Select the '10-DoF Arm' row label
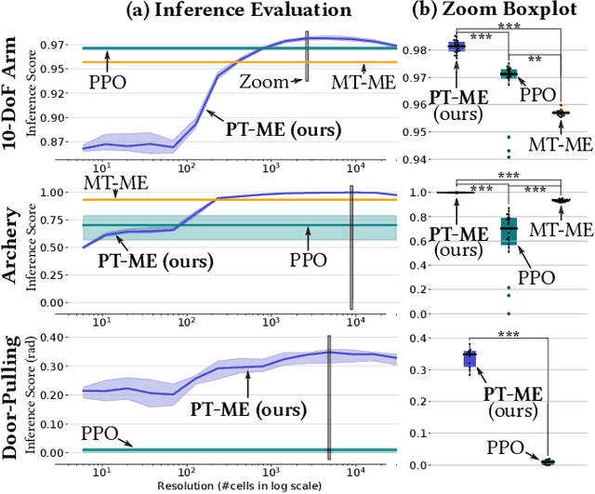pyautogui.click(x=12, y=89)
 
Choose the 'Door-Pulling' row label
pyautogui.click(x=12, y=399)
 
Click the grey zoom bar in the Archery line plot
pyautogui.click(x=351, y=247)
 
